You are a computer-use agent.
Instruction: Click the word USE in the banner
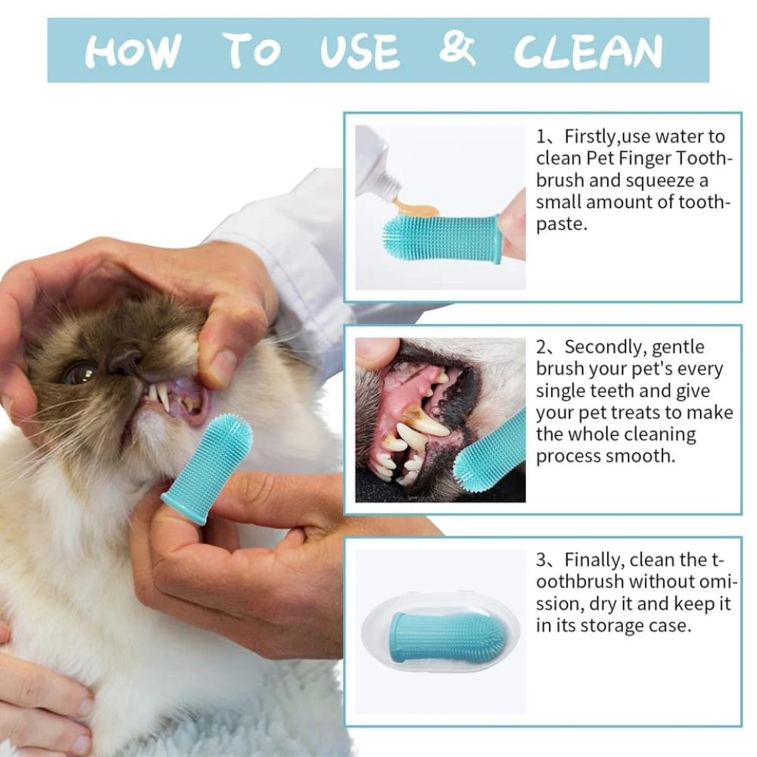tap(360, 51)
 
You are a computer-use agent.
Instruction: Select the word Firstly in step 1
tap(590, 136)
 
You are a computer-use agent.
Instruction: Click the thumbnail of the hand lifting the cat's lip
tap(441, 420)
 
